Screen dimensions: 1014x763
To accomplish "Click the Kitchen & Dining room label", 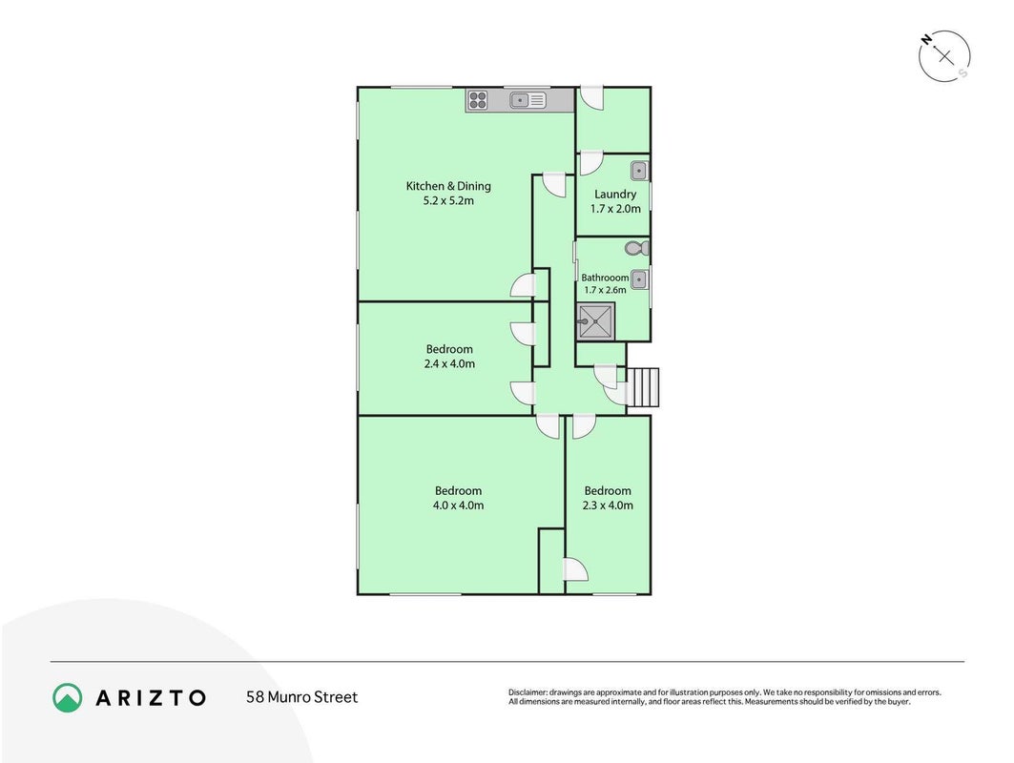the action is pyautogui.click(x=448, y=186).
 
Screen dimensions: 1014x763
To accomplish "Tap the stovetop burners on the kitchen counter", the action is pyautogui.click(x=478, y=100).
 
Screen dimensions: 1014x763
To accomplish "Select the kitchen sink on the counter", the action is pyautogui.click(x=528, y=100).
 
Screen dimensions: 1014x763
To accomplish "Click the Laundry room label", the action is pyautogui.click(x=615, y=194).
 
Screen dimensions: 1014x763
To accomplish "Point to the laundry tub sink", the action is pyautogui.click(x=639, y=171).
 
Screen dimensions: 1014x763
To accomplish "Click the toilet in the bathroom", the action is pyautogui.click(x=637, y=248).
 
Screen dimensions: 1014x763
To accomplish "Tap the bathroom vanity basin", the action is pyautogui.click(x=639, y=279).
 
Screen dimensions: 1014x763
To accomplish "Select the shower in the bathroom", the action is pyautogui.click(x=595, y=321).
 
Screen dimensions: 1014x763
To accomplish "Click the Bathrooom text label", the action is pyautogui.click(x=605, y=278).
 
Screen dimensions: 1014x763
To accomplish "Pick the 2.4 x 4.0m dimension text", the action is pyautogui.click(x=449, y=363).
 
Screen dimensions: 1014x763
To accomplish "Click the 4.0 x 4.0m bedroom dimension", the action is pyautogui.click(x=458, y=505).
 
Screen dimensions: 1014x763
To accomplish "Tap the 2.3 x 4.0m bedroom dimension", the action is pyautogui.click(x=608, y=505).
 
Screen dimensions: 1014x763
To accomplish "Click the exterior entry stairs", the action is pyautogui.click(x=643, y=387).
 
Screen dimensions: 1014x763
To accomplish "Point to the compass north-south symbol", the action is pyautogui.click(x=944, y=56).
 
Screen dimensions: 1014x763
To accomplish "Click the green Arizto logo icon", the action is pyautogui.click(x=68, y=698).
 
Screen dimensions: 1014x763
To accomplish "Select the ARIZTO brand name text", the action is pyautogui.click(x=151, y=698).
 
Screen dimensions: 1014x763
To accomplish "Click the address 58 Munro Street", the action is pyautogui.click(x=301, y=697).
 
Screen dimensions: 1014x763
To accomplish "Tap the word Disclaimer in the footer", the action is pyautogui.click(x=528, y=692).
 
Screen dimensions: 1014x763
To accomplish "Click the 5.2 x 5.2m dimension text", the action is pyautogui.click(x=448, y=200).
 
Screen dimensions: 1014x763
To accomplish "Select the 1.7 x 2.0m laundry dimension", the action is pyautogui.click(x=615, y=208).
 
